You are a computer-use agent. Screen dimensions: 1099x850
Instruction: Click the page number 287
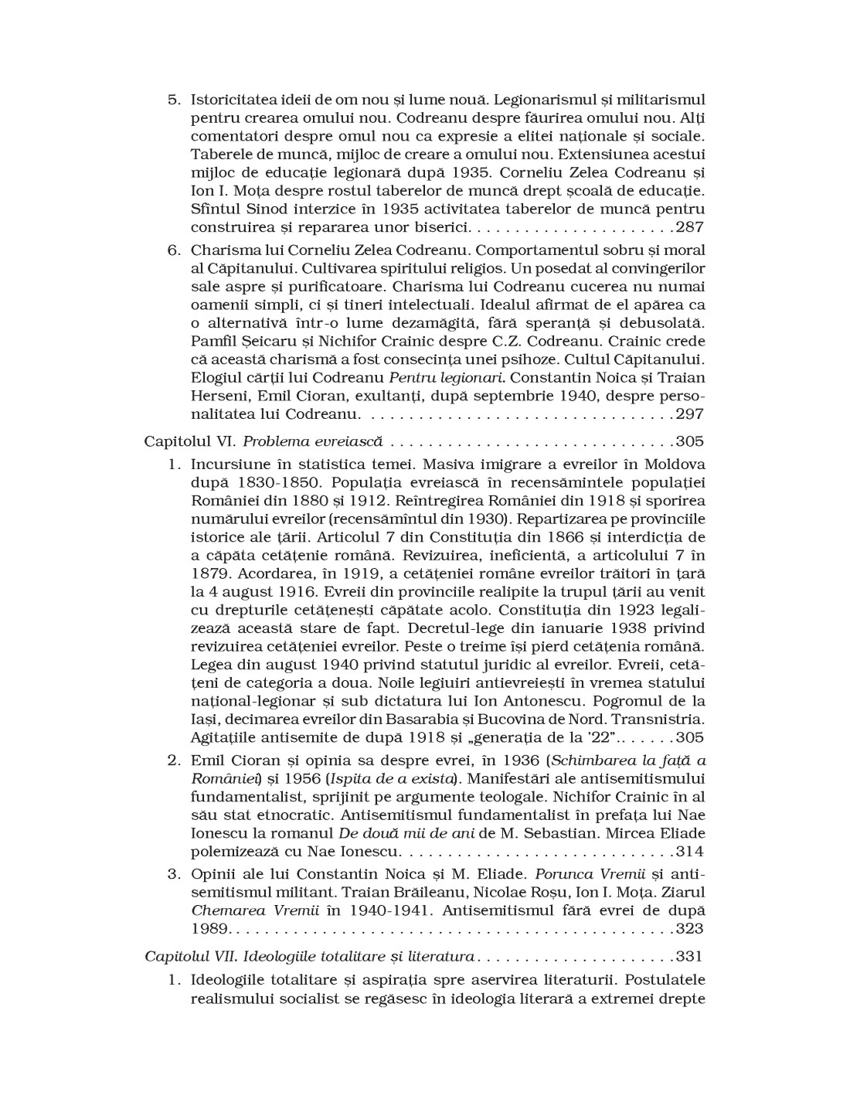(689, 227)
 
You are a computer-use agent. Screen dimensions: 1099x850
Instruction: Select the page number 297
(689, 414)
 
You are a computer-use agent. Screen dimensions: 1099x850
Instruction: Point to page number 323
(689, 927)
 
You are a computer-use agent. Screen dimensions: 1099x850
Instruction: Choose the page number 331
(689, 957)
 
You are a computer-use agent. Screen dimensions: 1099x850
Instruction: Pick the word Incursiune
(230, 464)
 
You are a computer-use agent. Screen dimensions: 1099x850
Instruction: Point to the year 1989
(210, 927)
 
